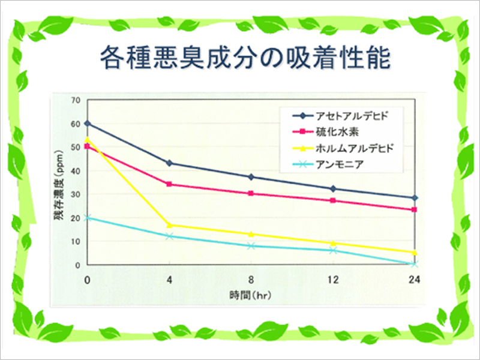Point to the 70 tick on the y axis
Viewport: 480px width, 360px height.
point(76,100)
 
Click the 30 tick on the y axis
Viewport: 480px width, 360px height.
point(76,194)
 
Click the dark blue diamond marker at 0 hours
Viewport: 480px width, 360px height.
point(88,123)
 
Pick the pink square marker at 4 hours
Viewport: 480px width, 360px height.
point(169,184)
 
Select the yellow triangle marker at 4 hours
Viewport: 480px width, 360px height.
point(169,225)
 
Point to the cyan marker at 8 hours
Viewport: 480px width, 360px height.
point(251,246)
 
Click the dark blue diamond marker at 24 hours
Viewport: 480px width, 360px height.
point(414,197)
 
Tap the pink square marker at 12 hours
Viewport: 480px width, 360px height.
point(332,200)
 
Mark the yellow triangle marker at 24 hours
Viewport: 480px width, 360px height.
point(414,253)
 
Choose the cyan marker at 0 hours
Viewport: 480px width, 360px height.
point(88,218)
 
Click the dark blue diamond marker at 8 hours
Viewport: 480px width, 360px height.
point(251,176)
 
